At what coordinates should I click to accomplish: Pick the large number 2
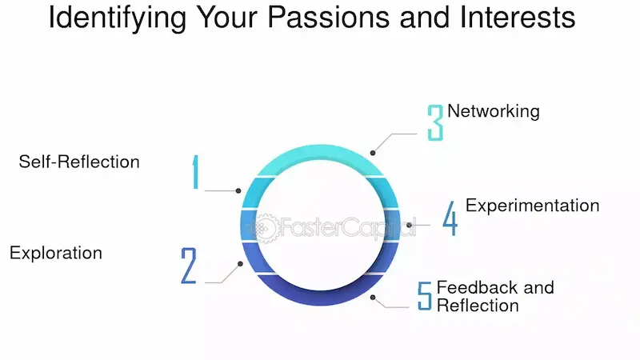(189, 266)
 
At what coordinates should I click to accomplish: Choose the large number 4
(450, 218)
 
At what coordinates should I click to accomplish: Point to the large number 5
(425, 295)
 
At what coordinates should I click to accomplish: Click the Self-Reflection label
(79, 162)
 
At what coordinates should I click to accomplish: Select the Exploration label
(56, 253)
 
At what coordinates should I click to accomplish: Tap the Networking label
(493, 111)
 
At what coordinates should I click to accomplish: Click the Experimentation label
(532, 206)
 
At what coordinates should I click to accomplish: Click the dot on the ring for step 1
(238, 190)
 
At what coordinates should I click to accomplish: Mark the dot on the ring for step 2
(239, 263)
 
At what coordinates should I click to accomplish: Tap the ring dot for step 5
(373, 298)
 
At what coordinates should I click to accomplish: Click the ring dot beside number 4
(409, 225)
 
